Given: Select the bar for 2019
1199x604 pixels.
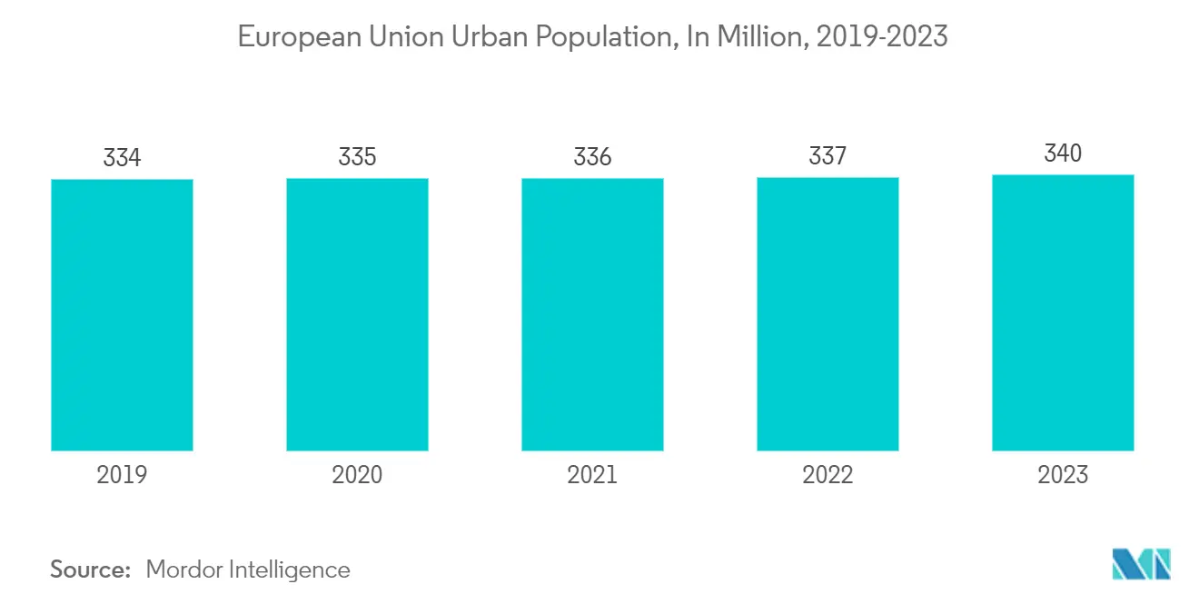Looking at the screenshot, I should [x=122, y=314].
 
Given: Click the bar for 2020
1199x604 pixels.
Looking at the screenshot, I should [x=357, y=314].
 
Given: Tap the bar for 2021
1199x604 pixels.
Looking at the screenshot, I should [x=592, y=314].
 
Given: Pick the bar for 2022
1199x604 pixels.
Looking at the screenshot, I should [x=827, y=314].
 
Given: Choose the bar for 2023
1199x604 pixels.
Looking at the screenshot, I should [x=1063, y=312].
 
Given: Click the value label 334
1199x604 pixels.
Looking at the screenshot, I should [x=122, y=158].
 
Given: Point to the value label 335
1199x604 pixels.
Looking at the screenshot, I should [x=357, y=157].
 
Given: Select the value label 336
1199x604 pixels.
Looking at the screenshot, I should [x=592, y=157].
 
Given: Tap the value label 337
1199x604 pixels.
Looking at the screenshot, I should [x=827, y=157].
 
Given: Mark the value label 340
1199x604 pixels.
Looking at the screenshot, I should [x=1063, y=153].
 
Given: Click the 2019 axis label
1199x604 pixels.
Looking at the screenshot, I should [x=122, y=475].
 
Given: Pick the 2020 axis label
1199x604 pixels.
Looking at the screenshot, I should [x=357, y=475].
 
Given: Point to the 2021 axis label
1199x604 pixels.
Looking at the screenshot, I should [x=592, y=475].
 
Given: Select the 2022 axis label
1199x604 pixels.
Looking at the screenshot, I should [x=827, y=475].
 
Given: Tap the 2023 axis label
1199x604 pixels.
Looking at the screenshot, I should [x=1063, y=475].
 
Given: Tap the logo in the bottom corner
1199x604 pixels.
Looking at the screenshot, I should [x=1142, y=564].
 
